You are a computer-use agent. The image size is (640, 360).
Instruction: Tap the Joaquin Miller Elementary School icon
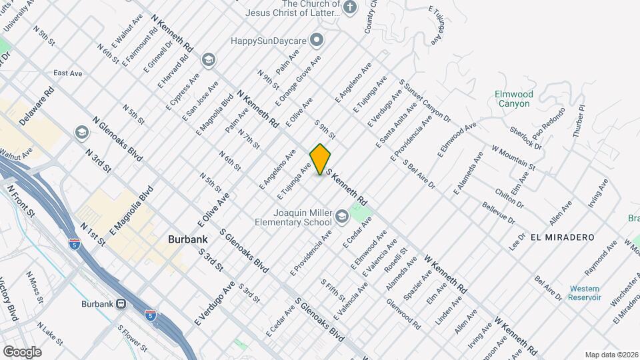click(x=341, y=215)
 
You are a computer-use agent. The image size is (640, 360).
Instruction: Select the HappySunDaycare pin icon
click(x=317, y=41)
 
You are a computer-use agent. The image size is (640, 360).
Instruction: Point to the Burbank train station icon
click(x=121, y=304)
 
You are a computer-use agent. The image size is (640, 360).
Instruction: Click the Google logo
click(x=22, y=351)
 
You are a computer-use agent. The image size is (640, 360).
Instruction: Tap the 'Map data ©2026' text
click(x=611, y=355)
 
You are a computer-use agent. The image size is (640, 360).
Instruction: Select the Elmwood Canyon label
click(x=513, y=99)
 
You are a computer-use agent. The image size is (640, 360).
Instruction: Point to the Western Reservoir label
click(x=585, y=293)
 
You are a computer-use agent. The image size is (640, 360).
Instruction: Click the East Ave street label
click(x=67, y=73)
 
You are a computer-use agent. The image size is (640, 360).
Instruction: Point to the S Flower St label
click(x=132, y=338)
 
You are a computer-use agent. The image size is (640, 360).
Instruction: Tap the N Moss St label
click(x=35, y=284)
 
